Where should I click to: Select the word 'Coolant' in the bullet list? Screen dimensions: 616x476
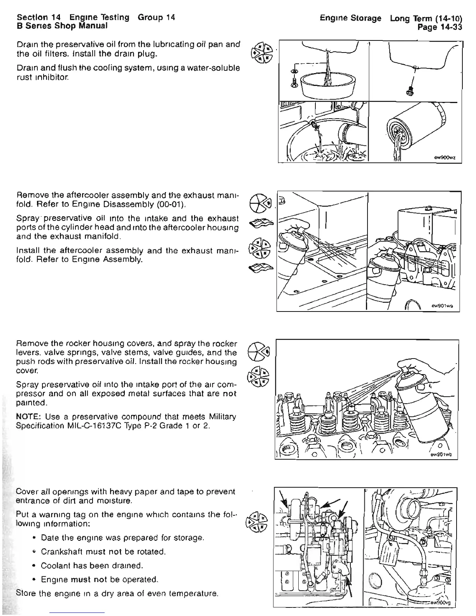tap(54, 565)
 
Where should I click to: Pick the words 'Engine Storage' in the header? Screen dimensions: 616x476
tap(350, 18)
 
